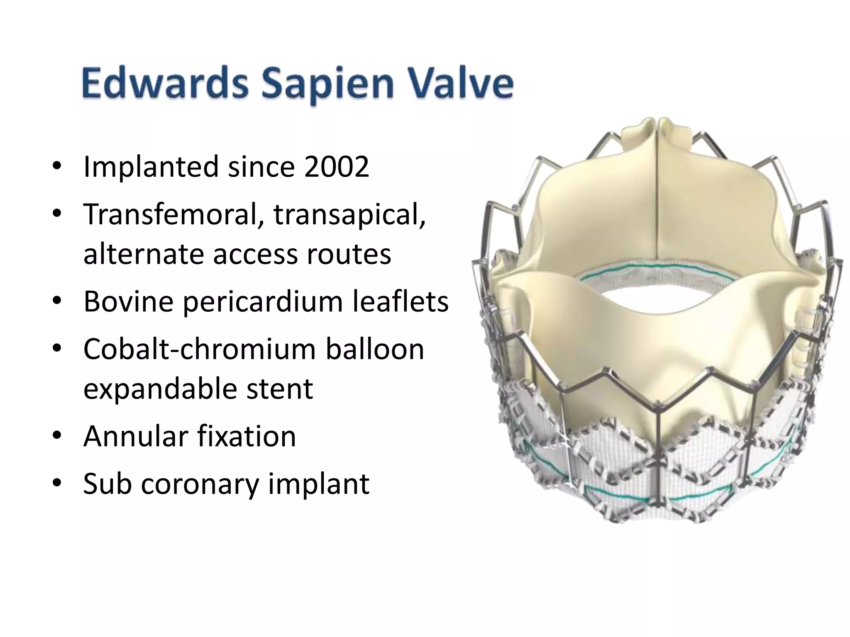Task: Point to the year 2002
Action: pyautogui.click(x=336, y=167)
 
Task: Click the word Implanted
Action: pyautogui.click(x=151, y=167)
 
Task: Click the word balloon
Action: pyautogui.click(x=375, y=349)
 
